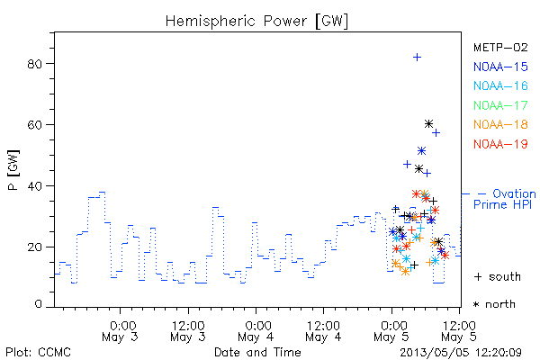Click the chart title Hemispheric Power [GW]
[x=256, y=22]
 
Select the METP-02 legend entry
[x=500, y=48]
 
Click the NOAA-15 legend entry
[x=500, y=67]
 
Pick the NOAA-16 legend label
[x=500, y=85]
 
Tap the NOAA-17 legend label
[x=500, y=105]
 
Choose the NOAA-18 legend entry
[x=500, y=124]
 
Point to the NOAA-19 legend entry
[x=500, y=144]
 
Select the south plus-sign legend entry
[x=498, y=276]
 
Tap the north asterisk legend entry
[x=494, y=304]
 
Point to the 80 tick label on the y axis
[x=34, y=64]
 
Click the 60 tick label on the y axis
[x=34, y=125]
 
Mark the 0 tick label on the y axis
[x=38, y=304]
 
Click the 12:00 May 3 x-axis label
[x=188, y=331]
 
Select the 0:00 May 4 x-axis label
[x=256, y=331]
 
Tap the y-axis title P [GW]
[x=13, y=170]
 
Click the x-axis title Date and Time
[x=257, y=352]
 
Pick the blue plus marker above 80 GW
[x=417, y=58]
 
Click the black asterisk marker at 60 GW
[x=428, y=123]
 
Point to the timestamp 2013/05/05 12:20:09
[x=461, y=353]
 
